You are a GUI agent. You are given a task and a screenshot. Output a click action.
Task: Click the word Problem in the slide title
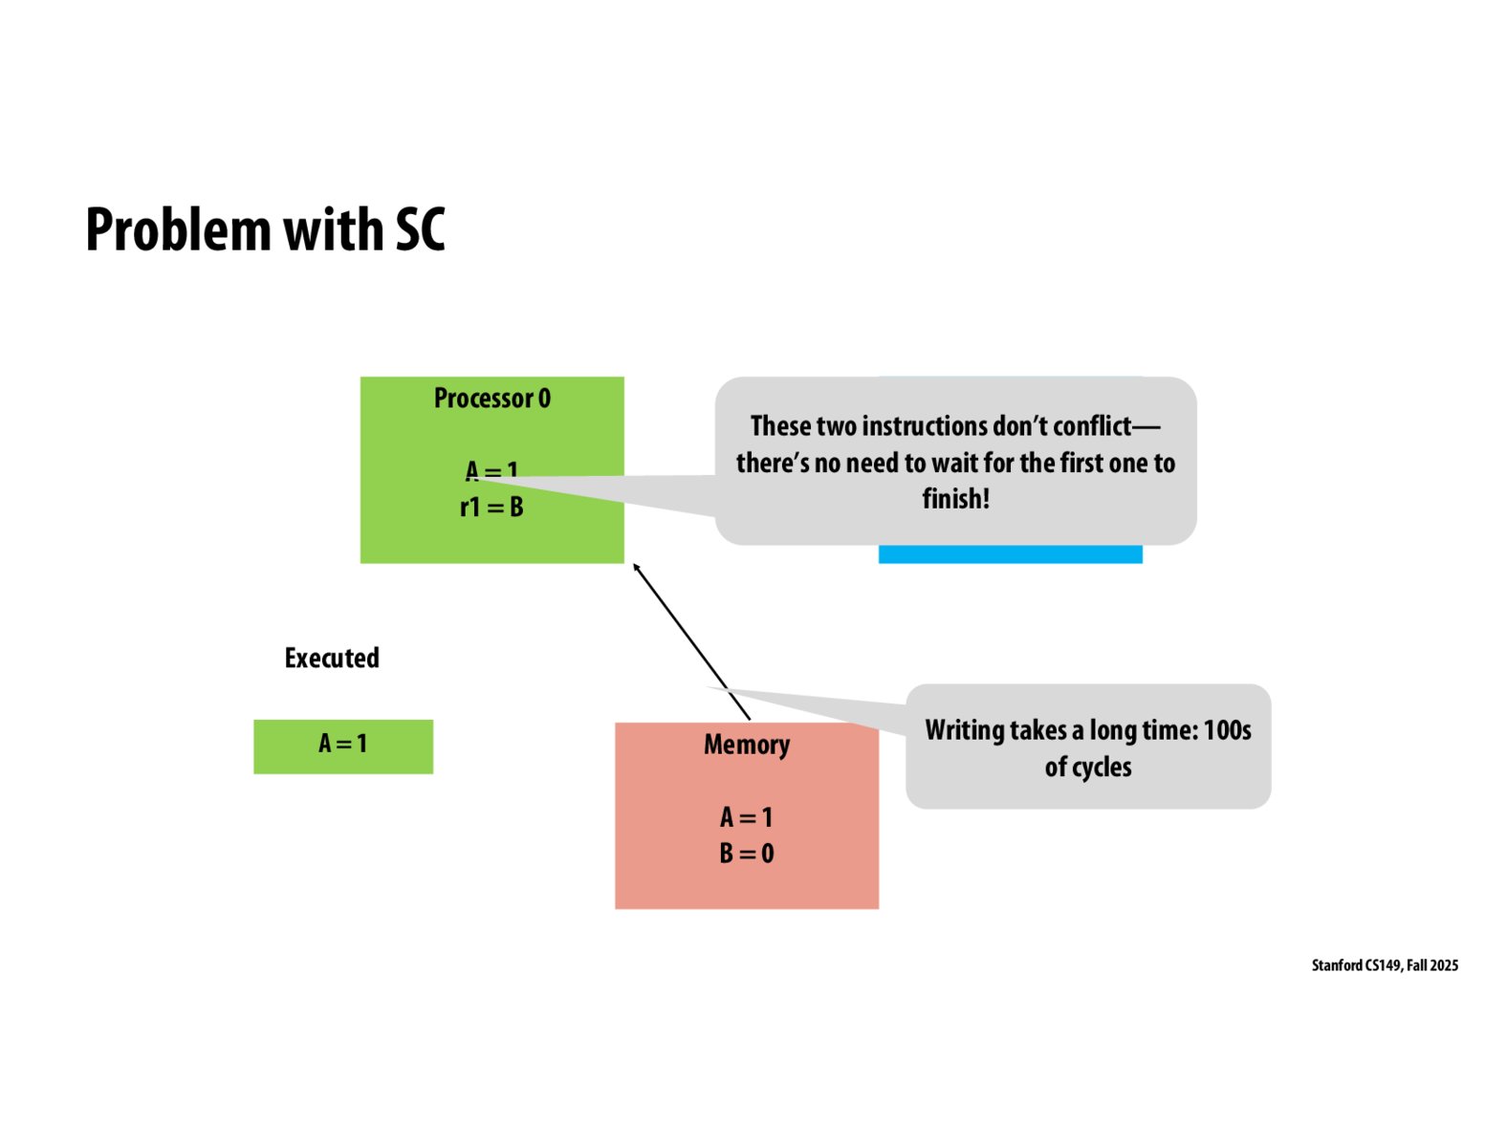pos(178,230)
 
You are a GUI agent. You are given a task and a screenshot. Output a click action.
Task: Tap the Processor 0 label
pos(491,399)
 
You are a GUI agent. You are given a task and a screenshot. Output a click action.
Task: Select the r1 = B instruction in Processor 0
pos(491,508)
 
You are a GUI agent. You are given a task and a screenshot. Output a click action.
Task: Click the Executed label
pos(332,659)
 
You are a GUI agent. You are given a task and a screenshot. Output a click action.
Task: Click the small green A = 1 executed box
pos(343,747)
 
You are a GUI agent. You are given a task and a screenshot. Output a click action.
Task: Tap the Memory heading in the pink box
pos(747,745)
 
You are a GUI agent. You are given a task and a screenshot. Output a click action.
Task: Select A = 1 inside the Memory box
pos(747,817)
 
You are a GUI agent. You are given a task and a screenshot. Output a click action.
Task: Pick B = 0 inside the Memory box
pos(747,854)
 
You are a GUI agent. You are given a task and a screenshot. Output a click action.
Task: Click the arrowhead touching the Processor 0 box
pos(637,568)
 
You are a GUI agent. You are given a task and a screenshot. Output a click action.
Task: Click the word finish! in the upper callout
pos(955,499)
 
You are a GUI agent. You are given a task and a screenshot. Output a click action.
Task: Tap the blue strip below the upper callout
pos(1010,554)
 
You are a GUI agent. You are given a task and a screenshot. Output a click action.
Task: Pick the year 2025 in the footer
pos(1444,965)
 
